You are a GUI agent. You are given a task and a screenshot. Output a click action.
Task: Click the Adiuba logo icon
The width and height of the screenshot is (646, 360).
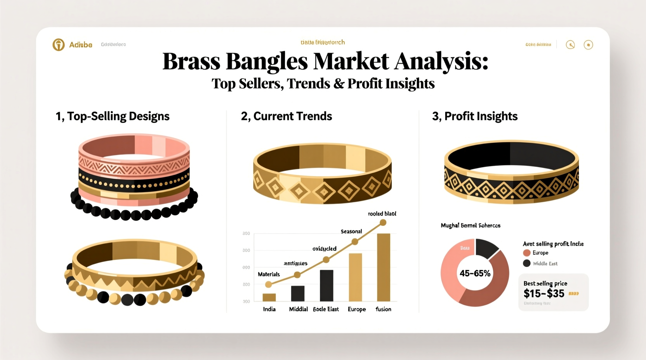click(x=59, y=45)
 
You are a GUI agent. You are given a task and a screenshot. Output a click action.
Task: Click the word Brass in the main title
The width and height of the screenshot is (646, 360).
click(x=191, y=61)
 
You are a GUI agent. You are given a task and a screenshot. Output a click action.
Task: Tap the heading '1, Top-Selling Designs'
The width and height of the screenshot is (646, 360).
click(x=112, y=116)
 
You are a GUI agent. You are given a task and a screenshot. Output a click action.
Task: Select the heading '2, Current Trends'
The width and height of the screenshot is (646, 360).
click(x=286, y=116)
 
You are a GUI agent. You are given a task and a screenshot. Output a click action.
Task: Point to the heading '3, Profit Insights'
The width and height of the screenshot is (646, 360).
click(x=474, y=116)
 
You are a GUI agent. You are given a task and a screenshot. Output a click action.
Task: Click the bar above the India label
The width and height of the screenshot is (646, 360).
click(x=269, y=297)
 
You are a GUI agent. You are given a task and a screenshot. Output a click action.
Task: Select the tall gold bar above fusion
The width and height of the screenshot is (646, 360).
click(x=384, y=267)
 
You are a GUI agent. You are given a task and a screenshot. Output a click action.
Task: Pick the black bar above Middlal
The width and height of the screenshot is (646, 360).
click(x=298, y=293)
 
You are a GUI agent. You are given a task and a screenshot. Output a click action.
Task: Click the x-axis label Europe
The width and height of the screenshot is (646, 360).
click(x=356, y=309)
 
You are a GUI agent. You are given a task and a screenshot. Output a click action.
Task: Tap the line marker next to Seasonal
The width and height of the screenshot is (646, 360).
click(x=354, y=242)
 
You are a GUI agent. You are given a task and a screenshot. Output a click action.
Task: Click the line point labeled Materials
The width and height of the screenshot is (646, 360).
click(x=268, y=284)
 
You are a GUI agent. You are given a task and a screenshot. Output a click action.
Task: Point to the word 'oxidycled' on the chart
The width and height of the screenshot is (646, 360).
click(x=324, y=249)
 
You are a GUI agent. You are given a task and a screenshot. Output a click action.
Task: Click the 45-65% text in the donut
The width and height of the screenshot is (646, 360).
click(x=475, y=273)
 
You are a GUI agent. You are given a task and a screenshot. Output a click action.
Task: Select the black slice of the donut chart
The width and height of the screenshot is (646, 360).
click(x=486, y=248)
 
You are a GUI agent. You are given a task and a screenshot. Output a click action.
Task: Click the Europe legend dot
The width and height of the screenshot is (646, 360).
click(x=527, y=253)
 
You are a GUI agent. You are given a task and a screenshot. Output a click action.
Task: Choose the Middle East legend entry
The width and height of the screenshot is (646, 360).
click(x=541, y=263)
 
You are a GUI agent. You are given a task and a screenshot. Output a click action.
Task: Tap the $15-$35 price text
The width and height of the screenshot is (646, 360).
click(x=544, y=293)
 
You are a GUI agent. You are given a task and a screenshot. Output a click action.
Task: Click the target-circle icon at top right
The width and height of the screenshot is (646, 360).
click(x=588, y=45)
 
